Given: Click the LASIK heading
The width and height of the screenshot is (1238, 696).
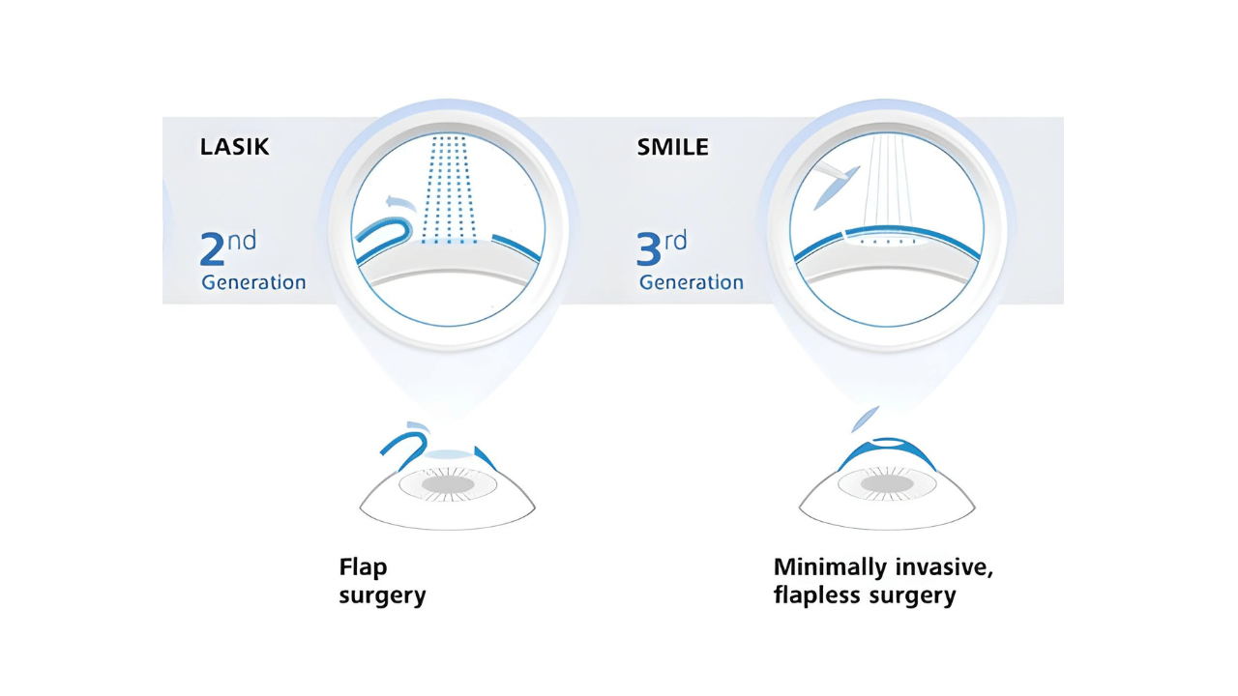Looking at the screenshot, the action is [234, 147].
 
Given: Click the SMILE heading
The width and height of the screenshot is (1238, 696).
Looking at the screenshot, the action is [672, 147].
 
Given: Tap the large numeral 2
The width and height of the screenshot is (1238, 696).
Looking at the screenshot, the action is [212, 248].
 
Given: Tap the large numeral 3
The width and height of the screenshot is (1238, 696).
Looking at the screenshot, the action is [649, 248].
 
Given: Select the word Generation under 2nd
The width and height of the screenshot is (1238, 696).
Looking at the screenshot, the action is [253, 282].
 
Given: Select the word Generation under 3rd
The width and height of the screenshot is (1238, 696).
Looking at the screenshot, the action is [692, 282].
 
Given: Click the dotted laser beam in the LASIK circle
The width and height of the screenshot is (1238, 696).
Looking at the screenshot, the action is [449, 189].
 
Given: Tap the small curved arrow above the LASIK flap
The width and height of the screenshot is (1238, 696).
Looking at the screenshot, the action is [400, 203].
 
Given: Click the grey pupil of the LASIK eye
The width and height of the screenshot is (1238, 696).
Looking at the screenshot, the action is [448, 485].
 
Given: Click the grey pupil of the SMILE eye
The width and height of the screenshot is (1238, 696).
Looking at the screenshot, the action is [887, 484].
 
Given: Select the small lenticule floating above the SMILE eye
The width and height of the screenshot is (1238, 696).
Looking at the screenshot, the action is [865, 420].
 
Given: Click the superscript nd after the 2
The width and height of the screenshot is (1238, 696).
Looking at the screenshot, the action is [242, 241].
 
